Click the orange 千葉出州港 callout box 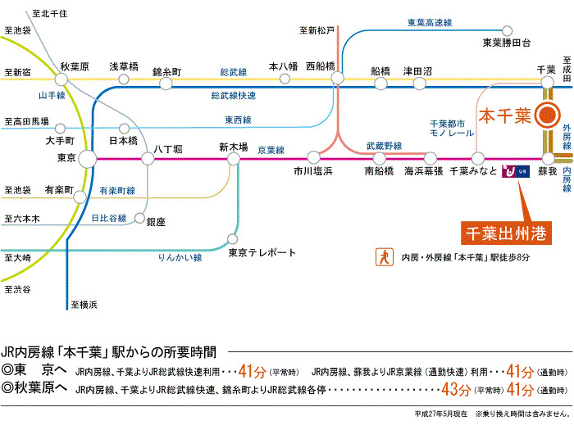pos(503,233)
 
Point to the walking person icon pos(382,257)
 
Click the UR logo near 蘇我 pos(518,170)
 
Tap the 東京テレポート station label pos(262,253)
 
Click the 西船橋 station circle pos(338,79)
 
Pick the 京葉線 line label pos(271,151)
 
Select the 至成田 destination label pos(566,66)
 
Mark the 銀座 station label pos(156,221)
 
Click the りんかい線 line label pos(180,257)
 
